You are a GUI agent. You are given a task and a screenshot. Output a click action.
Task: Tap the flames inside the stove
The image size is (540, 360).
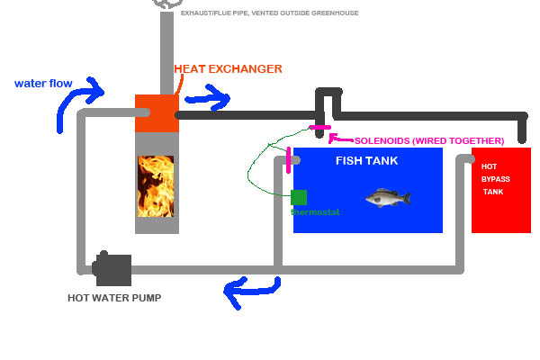pos(157,184)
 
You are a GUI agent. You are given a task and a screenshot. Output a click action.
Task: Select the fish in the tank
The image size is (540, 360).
pos(388,197)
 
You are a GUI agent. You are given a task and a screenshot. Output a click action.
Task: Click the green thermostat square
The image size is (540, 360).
pos(299,197)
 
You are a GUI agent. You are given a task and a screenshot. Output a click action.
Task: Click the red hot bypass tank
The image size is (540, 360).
pos(501,189)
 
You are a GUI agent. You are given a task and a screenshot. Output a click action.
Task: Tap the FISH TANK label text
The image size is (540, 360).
pos(366,161)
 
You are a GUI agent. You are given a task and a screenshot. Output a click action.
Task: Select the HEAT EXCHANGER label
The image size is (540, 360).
pos(228,68)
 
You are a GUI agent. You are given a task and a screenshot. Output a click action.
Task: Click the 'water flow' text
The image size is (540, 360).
pos(42,84)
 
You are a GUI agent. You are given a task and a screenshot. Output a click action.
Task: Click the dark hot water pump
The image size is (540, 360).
pos(112,267)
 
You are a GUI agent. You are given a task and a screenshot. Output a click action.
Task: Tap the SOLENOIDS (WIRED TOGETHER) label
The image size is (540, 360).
pos(428,141)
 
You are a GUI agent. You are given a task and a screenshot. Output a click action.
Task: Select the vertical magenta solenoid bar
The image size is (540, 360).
pos(288,159)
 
